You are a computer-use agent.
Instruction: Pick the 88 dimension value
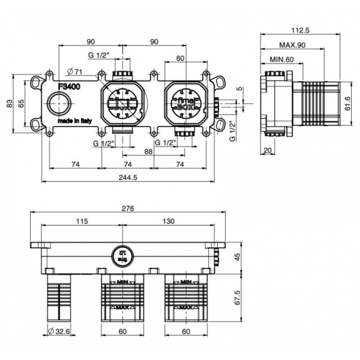pyautogui.click(x=148, y=152)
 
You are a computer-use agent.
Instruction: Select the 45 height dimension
pyautogui.click(x=236, y=257)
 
